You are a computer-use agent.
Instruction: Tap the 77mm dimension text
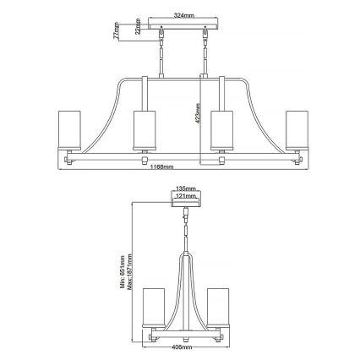(x=115, y=32)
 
